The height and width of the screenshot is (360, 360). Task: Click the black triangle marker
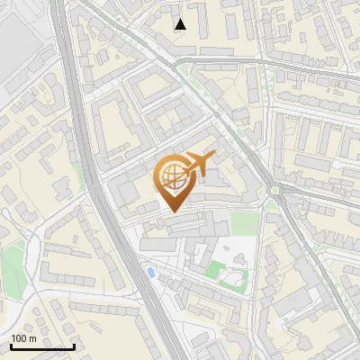pos(181,24)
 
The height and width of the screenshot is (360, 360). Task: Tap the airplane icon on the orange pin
pos(200,165)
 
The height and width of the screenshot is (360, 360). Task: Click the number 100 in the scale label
pos(20,338)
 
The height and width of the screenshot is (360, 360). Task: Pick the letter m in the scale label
pos(32,338)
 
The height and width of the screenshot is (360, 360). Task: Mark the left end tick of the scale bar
pos(10,346)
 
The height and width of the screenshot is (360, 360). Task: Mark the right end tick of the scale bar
pos(74,346)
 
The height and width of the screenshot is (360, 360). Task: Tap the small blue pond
pos(149,270)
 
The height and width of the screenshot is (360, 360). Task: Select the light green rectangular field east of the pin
pos(243,222)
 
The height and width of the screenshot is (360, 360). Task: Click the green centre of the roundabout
pos(274,190)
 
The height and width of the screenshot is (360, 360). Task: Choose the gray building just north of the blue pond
pos(157,244)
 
